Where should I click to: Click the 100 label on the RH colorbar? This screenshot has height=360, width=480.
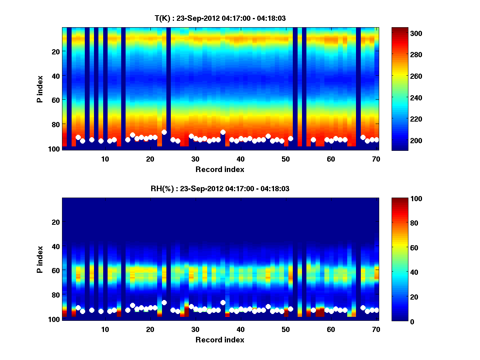coord(402,199)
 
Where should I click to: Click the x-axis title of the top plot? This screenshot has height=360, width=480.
coord(220,169)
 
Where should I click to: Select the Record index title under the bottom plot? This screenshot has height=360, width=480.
coord(220,340)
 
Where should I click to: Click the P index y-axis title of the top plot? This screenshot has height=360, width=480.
coord(40,89)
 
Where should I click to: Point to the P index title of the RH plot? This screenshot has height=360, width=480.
coord(40,259)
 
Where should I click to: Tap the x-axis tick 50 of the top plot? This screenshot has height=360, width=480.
coord(286,159)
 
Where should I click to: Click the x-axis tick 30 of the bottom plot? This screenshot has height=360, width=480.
coord(195,329)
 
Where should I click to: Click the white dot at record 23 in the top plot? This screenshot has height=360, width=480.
coord(164,132)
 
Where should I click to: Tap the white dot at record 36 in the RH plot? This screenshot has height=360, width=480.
coord(223,302)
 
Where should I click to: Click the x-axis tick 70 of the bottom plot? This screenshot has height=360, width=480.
coord(376,329)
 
